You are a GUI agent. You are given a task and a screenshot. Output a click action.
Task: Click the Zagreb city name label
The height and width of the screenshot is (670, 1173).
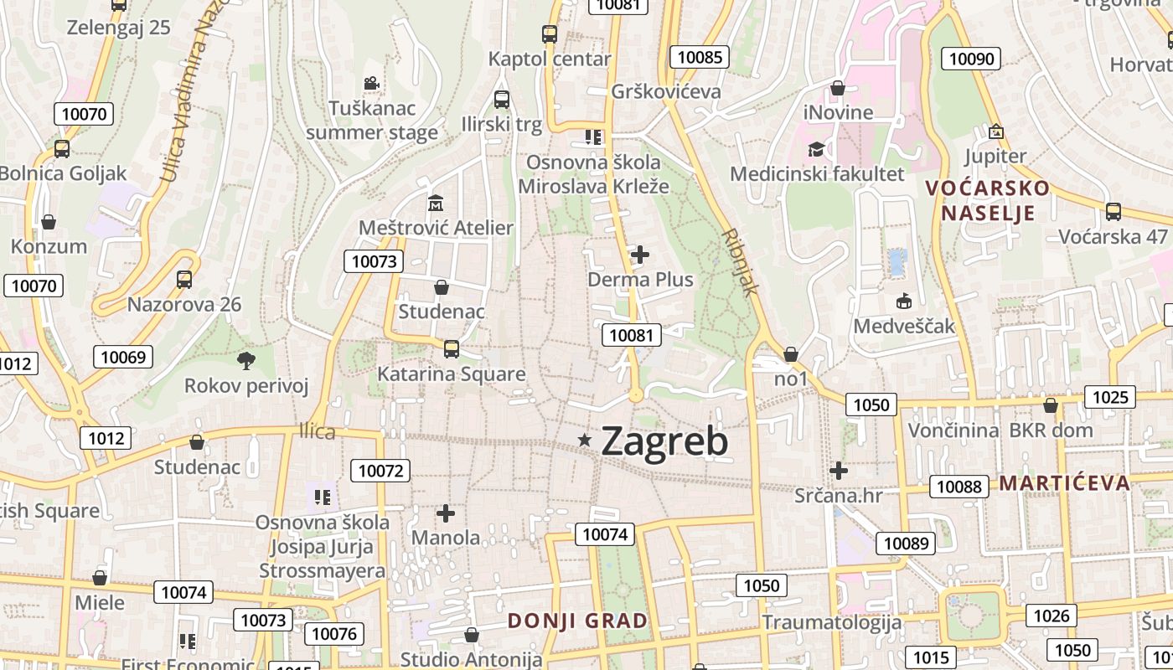tap(664, 441)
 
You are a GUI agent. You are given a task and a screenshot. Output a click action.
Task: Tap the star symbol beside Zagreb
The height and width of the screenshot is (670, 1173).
tap(585, 440)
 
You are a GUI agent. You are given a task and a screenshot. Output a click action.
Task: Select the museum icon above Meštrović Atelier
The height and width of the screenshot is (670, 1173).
tap(436, 203)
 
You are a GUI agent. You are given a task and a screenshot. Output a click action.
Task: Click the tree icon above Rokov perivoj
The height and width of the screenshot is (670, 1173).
tap(246, 361)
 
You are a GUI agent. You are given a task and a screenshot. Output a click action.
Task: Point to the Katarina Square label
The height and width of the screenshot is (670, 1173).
tap(452, 374)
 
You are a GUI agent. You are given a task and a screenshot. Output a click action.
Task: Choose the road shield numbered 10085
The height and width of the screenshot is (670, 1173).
tap(699, 57)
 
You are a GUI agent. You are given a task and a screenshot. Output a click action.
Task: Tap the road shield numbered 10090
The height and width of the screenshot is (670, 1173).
tap(972, 58)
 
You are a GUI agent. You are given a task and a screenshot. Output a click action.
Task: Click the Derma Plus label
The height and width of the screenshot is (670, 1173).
tap(641, 279)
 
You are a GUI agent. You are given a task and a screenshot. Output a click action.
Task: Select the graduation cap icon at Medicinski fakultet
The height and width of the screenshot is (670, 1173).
tap(816, 149)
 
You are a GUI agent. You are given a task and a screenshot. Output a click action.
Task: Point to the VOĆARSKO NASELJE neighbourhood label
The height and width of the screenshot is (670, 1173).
tap(988, 199)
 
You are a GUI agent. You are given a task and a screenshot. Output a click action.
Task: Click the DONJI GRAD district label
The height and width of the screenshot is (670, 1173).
tap(578, 621)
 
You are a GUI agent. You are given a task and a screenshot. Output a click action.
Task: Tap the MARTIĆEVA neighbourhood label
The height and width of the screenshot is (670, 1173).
tap(1064, 482)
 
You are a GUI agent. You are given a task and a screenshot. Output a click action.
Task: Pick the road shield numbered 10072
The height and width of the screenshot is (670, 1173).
tap(381, 471)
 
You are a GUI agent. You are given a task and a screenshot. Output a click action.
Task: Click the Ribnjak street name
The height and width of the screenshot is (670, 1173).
tap(741, 261)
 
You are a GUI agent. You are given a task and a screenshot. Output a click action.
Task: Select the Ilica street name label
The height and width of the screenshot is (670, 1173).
tap(318, 431)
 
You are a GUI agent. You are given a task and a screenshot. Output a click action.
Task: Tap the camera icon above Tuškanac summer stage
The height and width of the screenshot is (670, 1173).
tap(371, 84)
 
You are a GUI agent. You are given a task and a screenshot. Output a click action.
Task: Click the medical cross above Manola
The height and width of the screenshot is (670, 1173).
tap(446, 513)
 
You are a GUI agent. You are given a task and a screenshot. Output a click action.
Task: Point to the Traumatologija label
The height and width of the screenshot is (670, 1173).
tap(832, 622)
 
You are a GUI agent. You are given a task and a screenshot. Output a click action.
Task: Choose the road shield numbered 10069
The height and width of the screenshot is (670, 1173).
tap(123, 357)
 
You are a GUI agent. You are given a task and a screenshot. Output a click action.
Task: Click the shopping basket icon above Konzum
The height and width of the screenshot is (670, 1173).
tap(49, 222)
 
